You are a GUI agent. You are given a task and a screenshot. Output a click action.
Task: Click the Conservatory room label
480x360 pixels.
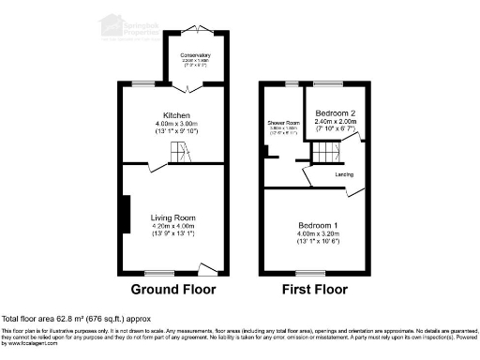(x=196, y=55)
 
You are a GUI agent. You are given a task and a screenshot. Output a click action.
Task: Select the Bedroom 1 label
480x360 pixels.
(x=319, y=226)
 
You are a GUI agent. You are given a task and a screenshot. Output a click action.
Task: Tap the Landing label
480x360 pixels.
(x=343, y=174)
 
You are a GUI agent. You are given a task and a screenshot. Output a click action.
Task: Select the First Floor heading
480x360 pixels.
(x=317, y=289)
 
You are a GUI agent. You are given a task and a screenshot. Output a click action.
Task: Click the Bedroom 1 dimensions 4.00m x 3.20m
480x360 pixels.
(x=319, y=234)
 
